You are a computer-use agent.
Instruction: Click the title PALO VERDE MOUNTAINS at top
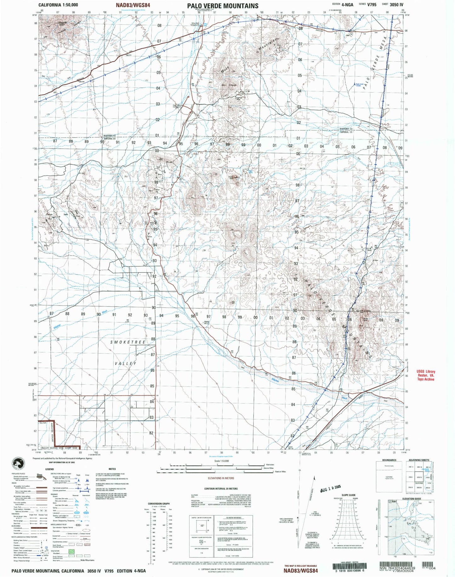coord(222,6)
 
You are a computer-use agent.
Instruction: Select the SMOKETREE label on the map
coord(128,342)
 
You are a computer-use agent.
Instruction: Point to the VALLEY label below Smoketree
coord(125,363)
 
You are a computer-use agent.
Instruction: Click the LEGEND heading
coord(49,469)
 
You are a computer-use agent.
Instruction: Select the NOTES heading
coord(112,469)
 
